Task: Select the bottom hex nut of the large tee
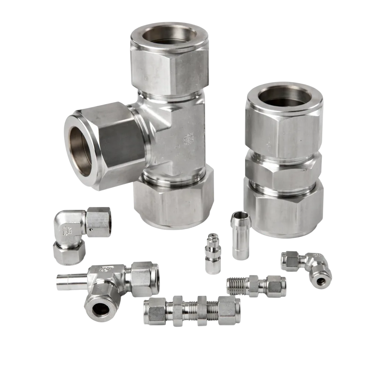tap(173, 201)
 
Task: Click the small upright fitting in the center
tap(212, 255)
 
